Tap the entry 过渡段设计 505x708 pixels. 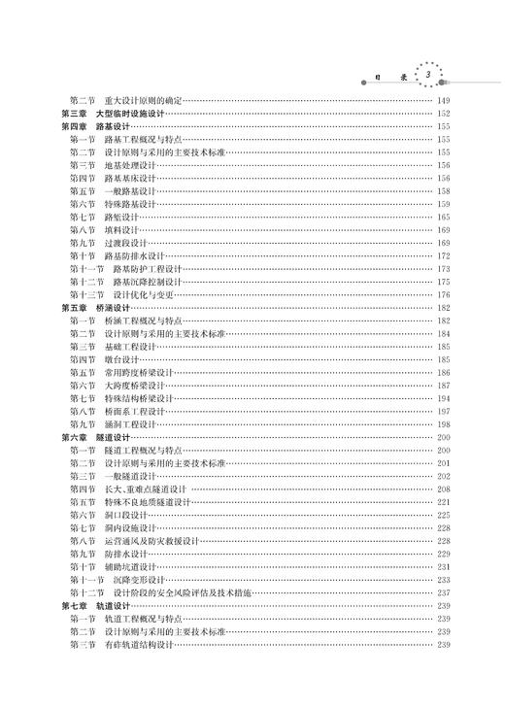(x=126, y=243)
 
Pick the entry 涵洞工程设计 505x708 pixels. (x=130, y=423)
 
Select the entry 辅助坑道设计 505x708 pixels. (x=130, y=566)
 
